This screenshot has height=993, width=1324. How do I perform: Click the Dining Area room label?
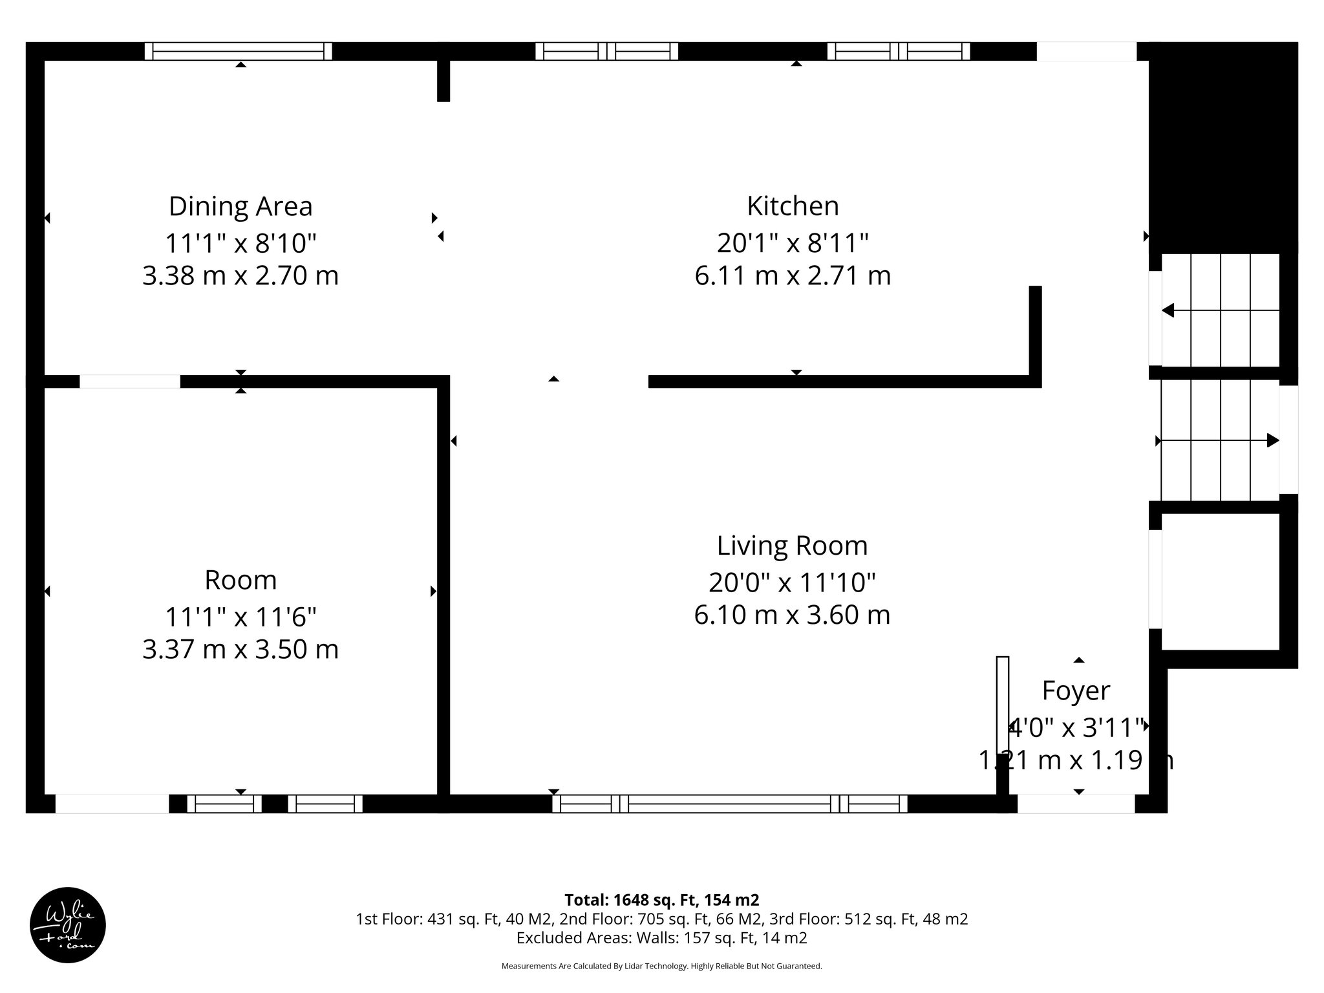(x=240, y=207)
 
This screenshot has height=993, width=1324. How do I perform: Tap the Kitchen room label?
(x=793, y=207)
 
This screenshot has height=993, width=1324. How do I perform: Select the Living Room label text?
(x=792, y=546)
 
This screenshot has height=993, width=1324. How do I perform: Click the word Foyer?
(x=1076, y=691)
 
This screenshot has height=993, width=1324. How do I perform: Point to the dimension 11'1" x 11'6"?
(x=240, y=617)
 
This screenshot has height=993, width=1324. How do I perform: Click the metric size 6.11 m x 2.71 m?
(x=793, y=276)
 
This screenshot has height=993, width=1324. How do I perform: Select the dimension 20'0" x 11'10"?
(x=792, y=583)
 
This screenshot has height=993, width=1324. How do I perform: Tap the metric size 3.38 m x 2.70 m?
(x=240, y=276)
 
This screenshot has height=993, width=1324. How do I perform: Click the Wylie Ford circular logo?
(x=68, y=925)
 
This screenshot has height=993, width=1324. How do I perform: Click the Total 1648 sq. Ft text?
(x=661, y=900)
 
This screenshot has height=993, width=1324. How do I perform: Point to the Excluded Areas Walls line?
(x=661, y=938)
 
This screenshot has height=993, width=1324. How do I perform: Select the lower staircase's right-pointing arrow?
(x=1272, y=441)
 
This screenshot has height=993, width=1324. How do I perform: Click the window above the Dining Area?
(x=238, y=51)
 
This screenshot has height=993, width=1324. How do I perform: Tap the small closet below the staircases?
(x=1221, y=581)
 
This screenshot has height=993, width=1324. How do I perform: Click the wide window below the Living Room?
(x=729, y=804)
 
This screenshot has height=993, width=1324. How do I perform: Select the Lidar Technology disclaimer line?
(x=661, y=966)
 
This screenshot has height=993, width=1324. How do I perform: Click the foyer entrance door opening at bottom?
(x=1076, y=804)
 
